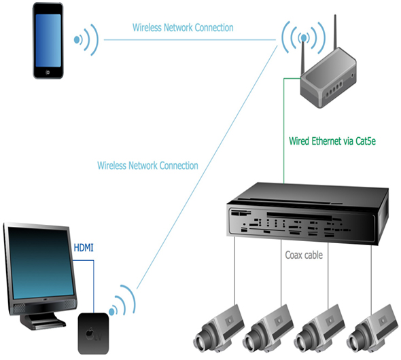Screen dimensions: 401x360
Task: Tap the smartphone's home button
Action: point(48,72)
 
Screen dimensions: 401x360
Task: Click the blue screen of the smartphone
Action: point(48,40)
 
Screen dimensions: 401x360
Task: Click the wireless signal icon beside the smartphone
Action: point(86,39)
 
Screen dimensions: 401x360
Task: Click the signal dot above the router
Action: point(304,38)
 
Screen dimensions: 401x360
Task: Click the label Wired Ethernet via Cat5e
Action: point(332,141)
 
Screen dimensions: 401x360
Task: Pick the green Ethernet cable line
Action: point(284,130)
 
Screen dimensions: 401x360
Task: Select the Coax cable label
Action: point(304,255)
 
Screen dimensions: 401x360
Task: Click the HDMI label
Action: point(84,247)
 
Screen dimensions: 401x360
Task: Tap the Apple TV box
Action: point(93,334)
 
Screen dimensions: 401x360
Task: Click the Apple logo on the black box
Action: point(90,334)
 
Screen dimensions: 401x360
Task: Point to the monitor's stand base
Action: point(43,322)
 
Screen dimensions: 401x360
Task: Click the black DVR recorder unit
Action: point(308,213)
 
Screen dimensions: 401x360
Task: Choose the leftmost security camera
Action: point(218,329)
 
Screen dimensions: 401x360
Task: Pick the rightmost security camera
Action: point(372,329)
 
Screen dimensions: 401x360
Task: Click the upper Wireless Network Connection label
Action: point(183,28)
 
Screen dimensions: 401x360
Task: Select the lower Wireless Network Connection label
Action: point(147,166)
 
